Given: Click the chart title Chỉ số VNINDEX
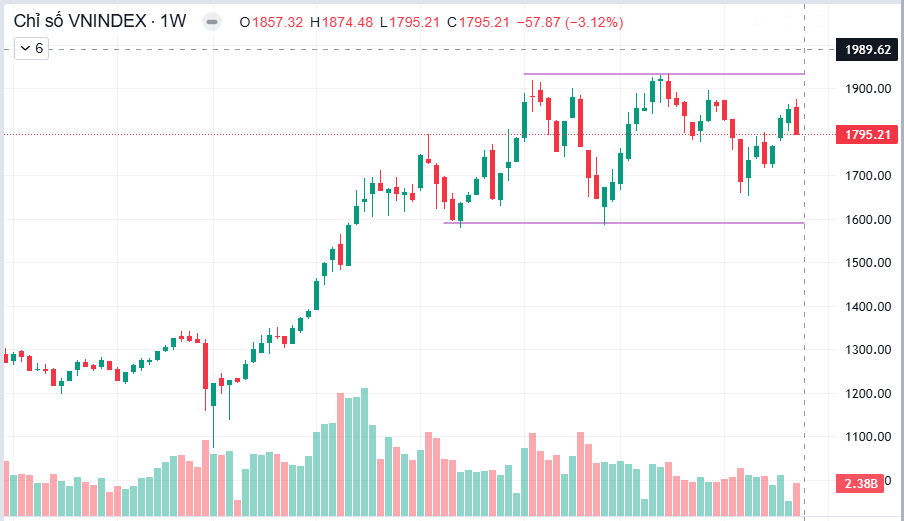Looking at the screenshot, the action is click(x=80, y=21).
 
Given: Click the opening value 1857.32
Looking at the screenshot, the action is click(x=277, y=22).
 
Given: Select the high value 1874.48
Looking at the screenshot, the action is click(x=347, y=22).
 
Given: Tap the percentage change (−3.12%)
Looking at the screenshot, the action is click(x=594, y=22).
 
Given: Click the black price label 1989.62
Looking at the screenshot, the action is click(x=867, y=50).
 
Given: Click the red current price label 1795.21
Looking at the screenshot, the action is click(x=867, y=135).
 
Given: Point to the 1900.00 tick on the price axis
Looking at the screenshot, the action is click(x=868, y=89).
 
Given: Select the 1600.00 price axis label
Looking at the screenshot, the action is click(x=868, y=220).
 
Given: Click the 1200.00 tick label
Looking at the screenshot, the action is click(x=868, y=394).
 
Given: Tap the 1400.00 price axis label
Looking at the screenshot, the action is click(x=868, y=307).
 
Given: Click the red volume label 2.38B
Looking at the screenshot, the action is click(x=860, y=483).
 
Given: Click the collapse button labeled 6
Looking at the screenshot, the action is click(x=32, y=48).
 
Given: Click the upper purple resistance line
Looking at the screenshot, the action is click(x=664, y=74).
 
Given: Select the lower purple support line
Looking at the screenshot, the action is click(x=624, y=223).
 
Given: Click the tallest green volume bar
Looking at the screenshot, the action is click(x=364, y=452).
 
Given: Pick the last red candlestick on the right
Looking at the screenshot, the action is click(x=796, y=120).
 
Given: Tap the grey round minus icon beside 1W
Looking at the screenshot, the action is click(x=212, y=22).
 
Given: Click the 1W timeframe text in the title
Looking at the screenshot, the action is click(x=173, y=21).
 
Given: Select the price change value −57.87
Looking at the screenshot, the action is click(x=538, y=22).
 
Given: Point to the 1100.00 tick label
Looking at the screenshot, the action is click(x=868, y=437).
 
